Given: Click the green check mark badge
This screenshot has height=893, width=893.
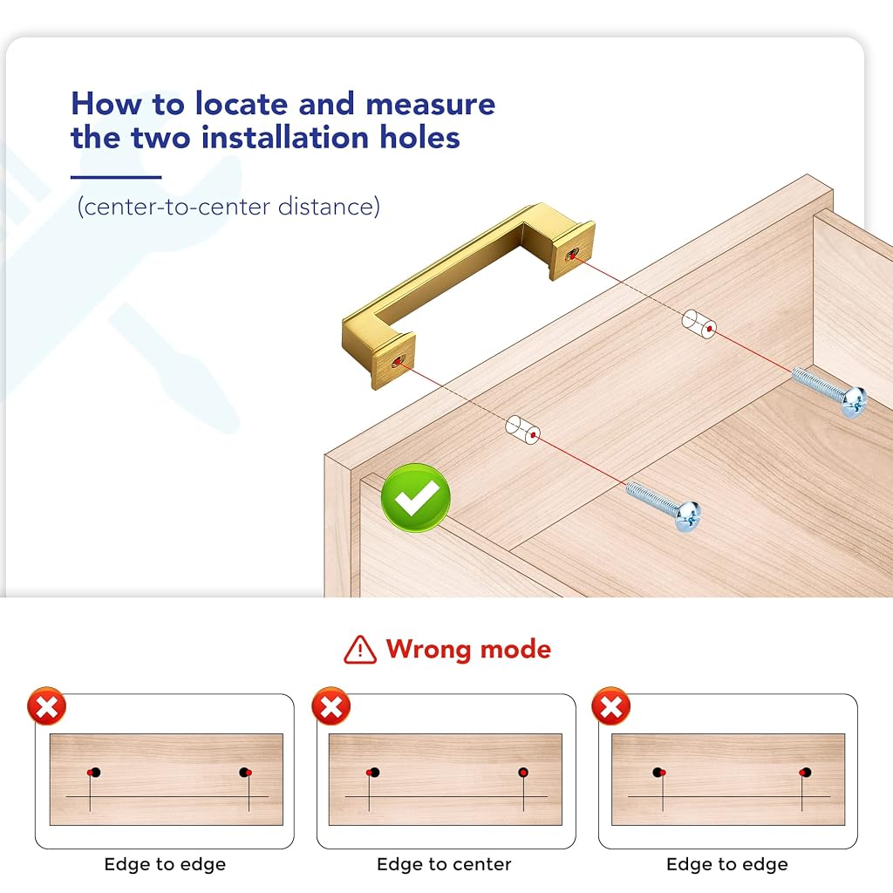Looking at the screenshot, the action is pos(416,498).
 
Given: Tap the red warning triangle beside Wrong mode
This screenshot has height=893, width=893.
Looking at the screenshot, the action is pos(360,650).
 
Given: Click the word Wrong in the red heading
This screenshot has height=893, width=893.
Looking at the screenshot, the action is pos(428,649).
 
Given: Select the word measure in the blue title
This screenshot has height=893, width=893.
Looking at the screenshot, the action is pos(431,105).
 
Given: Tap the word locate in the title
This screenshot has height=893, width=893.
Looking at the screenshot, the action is pos(242,105).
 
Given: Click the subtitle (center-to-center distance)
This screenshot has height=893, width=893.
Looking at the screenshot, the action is pos(228,206).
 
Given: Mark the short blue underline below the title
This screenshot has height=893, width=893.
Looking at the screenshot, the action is pos(116,177).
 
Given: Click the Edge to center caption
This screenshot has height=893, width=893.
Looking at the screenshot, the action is pos(444,864).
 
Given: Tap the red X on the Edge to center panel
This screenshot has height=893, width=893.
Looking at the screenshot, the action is pos(331,706).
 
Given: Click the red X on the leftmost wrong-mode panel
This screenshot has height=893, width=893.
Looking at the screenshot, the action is pos(47,706).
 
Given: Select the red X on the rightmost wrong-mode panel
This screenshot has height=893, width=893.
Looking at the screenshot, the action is pos(611,706).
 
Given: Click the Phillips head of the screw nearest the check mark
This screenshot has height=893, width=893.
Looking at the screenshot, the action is pos(688,516).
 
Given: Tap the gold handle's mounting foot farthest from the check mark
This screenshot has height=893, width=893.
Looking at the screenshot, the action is pos(572,250).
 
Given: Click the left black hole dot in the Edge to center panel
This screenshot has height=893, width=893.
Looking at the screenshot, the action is pos(375,773).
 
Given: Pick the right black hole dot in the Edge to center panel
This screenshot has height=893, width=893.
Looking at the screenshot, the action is pos(523,773).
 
